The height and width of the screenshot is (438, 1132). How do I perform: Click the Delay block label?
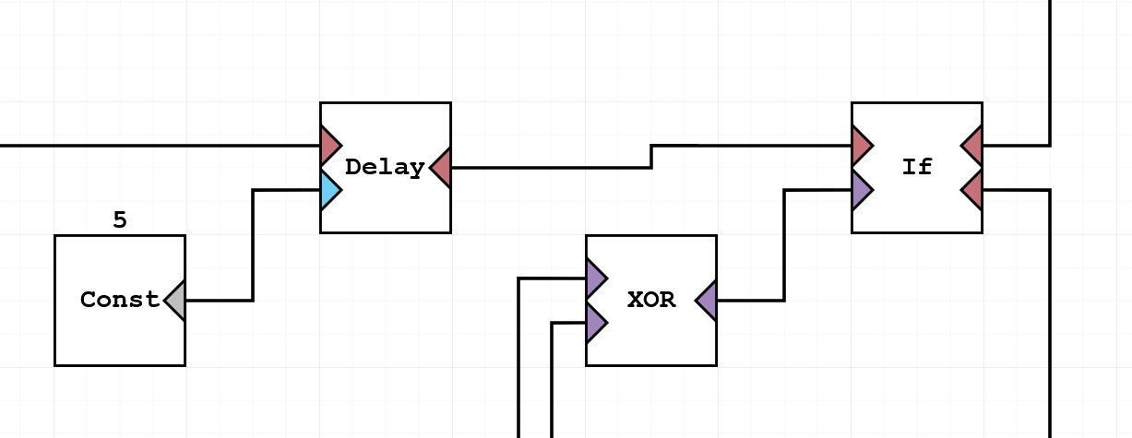point(385,168)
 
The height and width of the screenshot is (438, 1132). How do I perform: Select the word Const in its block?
point(119,300)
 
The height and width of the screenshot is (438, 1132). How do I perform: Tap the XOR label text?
point(651,300)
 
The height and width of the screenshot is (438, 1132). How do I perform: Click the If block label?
point(917,167)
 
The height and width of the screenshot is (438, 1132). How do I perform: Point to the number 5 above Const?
point(120,220)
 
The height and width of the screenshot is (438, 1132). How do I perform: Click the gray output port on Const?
point(175,300)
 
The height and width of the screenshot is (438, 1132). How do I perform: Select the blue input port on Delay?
point(329,190)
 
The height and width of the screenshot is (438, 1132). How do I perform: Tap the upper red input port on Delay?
point(329,146)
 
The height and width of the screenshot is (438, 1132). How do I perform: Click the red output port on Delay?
point(441,168)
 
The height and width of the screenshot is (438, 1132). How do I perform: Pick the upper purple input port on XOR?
point(596,278)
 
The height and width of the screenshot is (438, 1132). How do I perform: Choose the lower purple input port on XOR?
point(596,323)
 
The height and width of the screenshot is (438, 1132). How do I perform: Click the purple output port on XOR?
point(707,300)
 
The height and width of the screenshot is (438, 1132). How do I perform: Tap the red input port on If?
point(862,146)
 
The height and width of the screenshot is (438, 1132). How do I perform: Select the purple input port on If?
point(862,190)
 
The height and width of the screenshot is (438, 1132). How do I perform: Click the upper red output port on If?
point(972,146)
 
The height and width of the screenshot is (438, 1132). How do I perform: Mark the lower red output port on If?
point(972,190)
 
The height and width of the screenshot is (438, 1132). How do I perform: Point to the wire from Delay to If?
point(554,168)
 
